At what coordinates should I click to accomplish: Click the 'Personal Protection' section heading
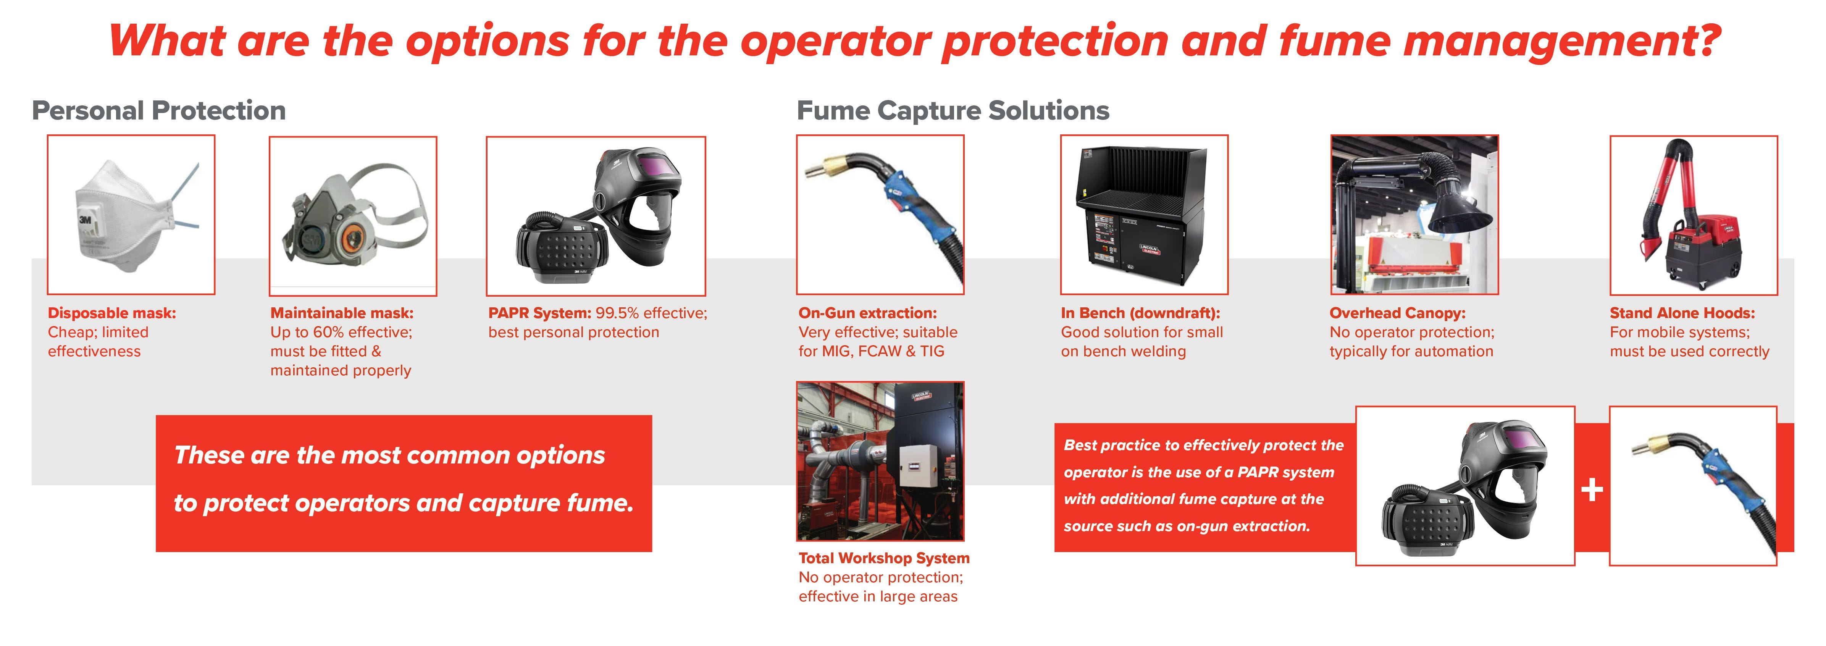159,111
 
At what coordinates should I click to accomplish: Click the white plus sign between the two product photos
1592,489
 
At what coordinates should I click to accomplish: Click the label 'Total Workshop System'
884,558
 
